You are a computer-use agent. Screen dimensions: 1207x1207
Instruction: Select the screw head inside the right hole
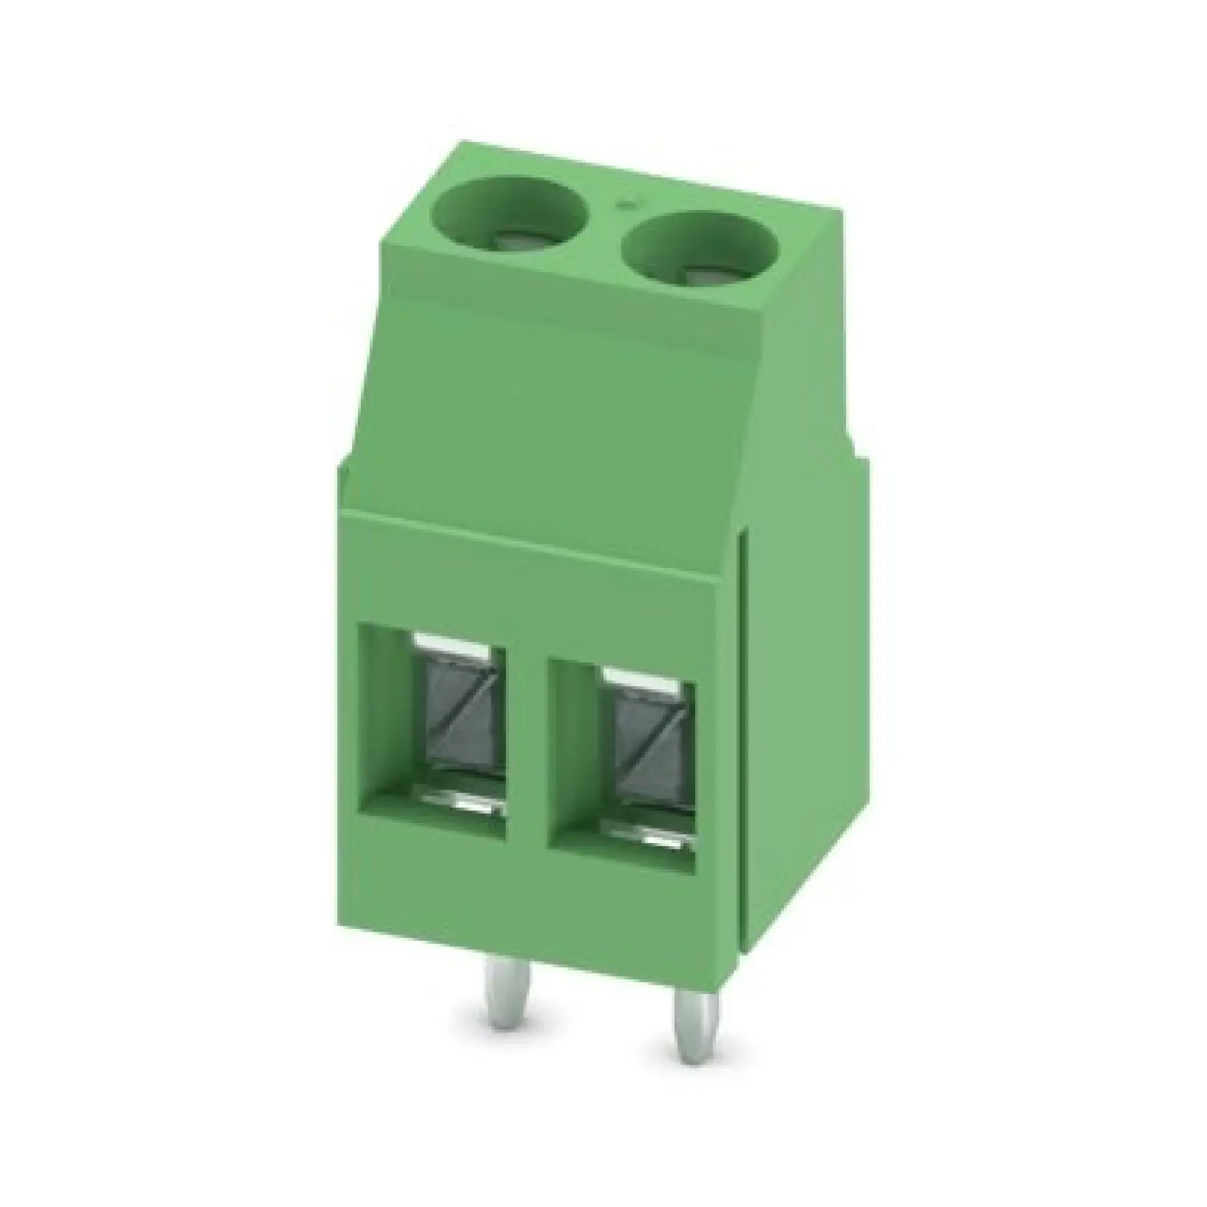pos(698,273)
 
